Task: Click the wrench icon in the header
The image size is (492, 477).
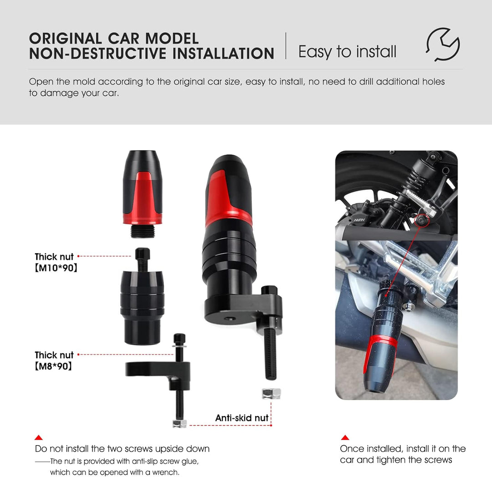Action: [443, 45]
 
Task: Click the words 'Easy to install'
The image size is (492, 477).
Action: [347, 51]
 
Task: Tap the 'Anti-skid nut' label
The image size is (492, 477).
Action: [242, 418]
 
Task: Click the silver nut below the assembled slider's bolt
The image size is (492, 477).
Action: [272, 393]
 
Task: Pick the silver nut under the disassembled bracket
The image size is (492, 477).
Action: [179, 423]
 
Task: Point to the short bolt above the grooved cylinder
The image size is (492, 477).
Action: [143, 258]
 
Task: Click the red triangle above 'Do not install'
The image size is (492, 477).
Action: [39, 437]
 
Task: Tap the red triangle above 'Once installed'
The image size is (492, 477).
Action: [345, 437]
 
